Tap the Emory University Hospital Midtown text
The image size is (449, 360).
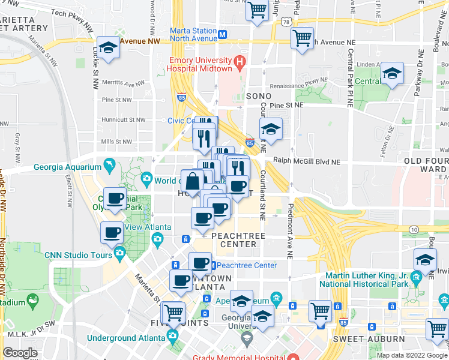(x=200, y=65)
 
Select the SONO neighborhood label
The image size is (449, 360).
(x=259, y=96)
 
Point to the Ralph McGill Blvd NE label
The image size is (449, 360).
(x=307, y=161)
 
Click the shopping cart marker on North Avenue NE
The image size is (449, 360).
(x=302, y=38)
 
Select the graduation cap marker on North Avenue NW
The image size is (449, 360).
(x=107, y=48)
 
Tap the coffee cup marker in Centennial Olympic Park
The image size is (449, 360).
(x=116, y=199)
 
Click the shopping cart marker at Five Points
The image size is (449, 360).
(x=173, y=312)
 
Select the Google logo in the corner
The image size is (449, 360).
(x=20, y=353)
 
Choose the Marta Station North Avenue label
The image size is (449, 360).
(x=193, y=35)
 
